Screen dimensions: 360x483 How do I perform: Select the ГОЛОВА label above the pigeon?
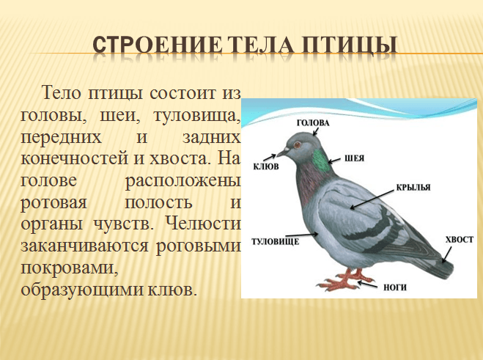pyautogui.click(x=313, y=122)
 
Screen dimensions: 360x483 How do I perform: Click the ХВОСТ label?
pyautogui.click(x=460, y=240)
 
